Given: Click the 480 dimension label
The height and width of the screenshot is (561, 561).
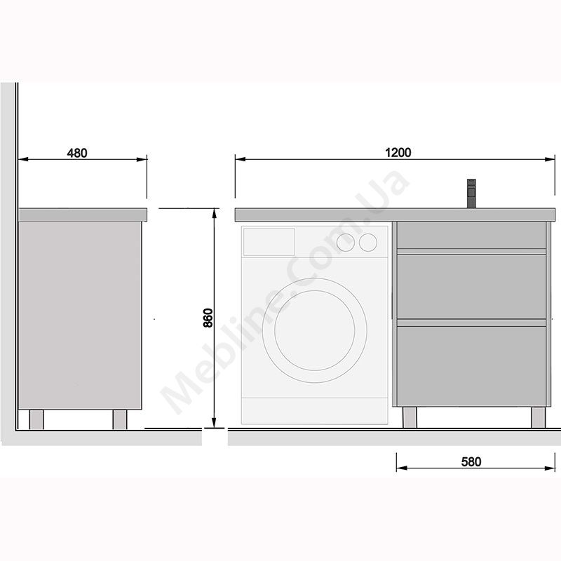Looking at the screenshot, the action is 77,153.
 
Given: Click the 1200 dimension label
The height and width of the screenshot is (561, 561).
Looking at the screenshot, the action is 398,152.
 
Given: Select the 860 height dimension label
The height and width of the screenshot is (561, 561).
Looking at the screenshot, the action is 208,318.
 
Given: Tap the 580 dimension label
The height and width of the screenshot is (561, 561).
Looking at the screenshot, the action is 471,462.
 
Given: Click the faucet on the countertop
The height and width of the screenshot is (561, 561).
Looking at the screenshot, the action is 471,194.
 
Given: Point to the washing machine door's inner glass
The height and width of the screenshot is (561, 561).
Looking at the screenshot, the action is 315,330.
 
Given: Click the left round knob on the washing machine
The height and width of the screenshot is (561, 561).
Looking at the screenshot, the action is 346,242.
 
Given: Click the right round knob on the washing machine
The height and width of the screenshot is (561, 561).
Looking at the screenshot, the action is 368,242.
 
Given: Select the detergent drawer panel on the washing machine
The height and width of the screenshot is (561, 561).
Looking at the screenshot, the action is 269,242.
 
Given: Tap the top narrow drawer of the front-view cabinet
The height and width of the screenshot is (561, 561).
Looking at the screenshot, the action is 471,235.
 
